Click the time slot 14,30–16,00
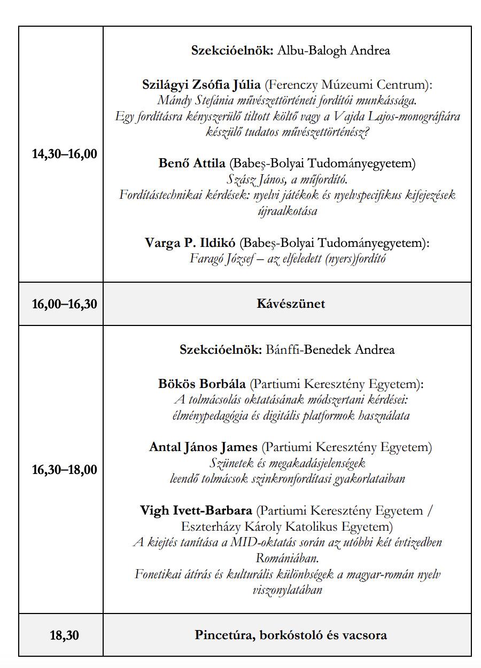65,154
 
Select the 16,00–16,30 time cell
65,304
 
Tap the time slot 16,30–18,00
65,470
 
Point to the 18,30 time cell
65,635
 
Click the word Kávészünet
291,304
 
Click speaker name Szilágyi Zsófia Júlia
201,84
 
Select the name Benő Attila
192,163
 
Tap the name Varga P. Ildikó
190,243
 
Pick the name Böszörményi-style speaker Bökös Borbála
202,384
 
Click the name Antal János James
203,447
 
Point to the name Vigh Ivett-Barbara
196,510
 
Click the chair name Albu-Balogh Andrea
333,50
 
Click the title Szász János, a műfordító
288,179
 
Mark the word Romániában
288,558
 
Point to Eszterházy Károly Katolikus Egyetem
286,526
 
